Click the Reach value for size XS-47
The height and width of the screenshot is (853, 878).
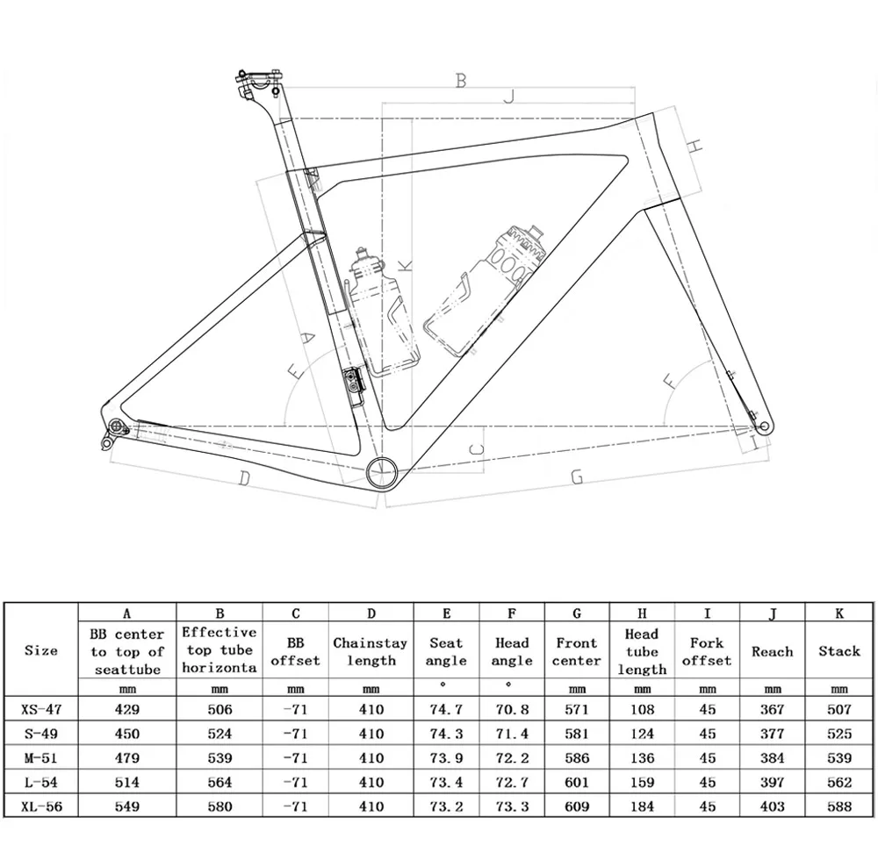[773, 709]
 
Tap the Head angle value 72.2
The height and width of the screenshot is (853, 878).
[512, 757]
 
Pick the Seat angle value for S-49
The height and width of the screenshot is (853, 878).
[446, 733]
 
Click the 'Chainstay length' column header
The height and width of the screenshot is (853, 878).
[370, 651]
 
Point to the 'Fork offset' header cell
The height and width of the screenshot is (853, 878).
[707, 651]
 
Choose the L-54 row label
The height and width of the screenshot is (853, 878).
[41, 781]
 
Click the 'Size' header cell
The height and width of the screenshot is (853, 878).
[41, 651]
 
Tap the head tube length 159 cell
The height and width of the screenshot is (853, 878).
[642, 781]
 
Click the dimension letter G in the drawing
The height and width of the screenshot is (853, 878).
[577, 477]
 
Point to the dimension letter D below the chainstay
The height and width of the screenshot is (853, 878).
[245, 478]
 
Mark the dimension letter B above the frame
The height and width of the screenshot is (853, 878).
[460, 81]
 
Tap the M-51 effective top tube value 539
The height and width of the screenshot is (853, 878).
[219, 757]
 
